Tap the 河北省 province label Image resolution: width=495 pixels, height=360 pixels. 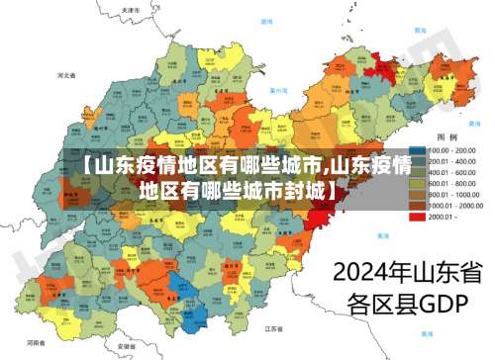coord(66,74)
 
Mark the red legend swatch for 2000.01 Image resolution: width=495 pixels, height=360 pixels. coord(419,218)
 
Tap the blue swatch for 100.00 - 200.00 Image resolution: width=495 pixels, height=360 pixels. coord(419,149)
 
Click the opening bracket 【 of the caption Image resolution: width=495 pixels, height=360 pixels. coord(87,165)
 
